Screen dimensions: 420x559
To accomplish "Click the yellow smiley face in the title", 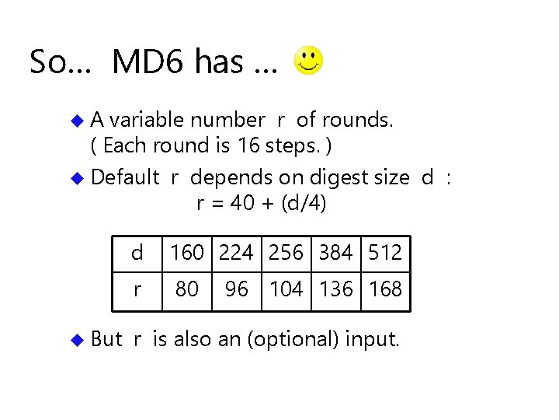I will point(310,60).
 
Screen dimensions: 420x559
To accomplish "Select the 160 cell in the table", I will point(186,253).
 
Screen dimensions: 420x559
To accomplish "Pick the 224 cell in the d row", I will point(236,253).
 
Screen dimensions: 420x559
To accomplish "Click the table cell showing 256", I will point(286,253).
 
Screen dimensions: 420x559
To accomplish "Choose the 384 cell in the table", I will point(335,253).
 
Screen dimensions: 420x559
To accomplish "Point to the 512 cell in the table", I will point(385,253).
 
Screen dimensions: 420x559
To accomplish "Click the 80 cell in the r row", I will point(186,289).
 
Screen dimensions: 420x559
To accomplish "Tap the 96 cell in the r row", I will point(236,289).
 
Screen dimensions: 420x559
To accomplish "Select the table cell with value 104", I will point(286,289).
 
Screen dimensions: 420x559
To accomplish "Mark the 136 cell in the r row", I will point(335,289).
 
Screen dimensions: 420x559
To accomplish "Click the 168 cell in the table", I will point(385,289).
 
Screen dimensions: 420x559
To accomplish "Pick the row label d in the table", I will point(137,253).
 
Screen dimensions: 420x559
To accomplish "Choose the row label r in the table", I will point(137,290).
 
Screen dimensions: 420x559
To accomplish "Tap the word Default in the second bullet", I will point(125,177).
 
